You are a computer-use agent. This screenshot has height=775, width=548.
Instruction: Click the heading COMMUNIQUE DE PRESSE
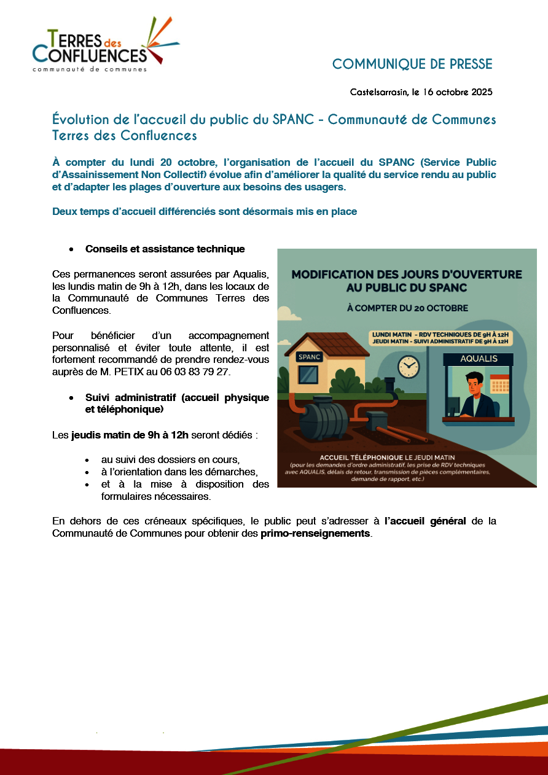click(412, 64)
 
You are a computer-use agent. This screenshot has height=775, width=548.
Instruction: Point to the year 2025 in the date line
click(482, 93)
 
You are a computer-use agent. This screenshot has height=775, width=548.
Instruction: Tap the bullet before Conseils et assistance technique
click(72, 249)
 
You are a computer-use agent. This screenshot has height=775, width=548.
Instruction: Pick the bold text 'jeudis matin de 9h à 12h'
click(130, 436)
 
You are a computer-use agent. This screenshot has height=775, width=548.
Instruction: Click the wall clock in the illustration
click(408, 367)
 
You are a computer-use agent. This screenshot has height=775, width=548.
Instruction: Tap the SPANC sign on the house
click(310, 357)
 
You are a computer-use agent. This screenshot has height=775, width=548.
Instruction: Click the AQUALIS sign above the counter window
click(479, 358)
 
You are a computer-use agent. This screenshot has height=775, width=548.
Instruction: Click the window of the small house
click(308, 374)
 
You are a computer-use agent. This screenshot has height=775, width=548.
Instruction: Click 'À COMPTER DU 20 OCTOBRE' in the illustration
click(407, 308)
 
